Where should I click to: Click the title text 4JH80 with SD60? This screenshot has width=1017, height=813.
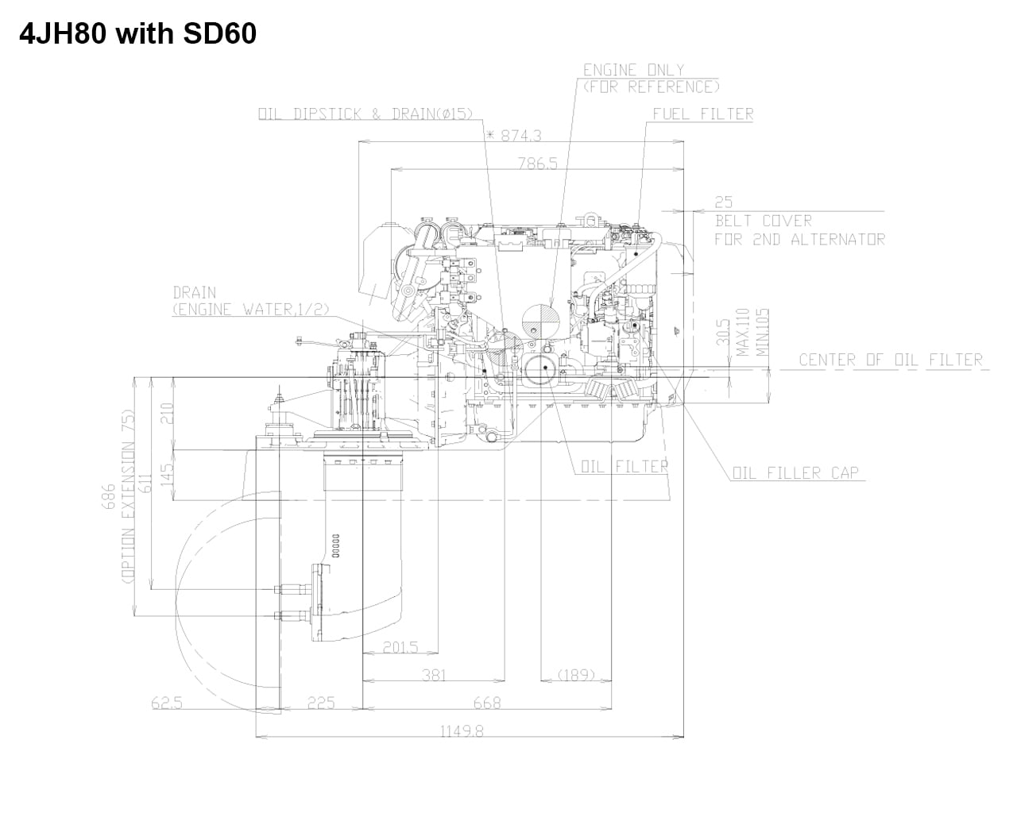[x=137, y=34]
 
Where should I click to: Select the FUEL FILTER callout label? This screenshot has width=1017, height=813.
[x=703, y=114]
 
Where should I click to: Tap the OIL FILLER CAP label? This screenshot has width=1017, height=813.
[x=795, y=473]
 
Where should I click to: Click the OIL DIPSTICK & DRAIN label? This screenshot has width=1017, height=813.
[x=365, y=114]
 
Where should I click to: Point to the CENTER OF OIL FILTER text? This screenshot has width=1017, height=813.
[x=891, y=360]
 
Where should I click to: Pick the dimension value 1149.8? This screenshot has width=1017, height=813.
[x=462, y=731]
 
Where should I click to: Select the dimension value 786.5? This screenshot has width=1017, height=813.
[x=538, y=164]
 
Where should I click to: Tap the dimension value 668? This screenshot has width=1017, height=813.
[x=486, y=703]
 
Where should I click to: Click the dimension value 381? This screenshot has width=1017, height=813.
[x=434, y=675]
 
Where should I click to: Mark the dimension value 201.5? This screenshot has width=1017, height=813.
[x=400, y=648]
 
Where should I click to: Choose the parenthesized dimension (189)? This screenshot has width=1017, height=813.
[x=575, y=675]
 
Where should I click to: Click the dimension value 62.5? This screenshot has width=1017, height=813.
[x=167, y=703]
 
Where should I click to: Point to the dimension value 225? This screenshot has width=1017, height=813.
[x=321, y=703]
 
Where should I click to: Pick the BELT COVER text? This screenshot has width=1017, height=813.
[x=763, y=221]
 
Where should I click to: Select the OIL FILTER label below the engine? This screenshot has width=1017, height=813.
[x=624, y=466]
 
